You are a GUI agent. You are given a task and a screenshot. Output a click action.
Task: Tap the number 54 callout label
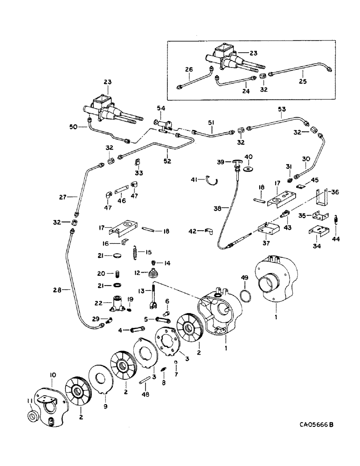[x=161, y=109]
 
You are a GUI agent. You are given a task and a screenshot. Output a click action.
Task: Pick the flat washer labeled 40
[x=249, y=167]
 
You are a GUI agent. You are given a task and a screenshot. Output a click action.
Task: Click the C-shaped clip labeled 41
[x=214, y=180]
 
